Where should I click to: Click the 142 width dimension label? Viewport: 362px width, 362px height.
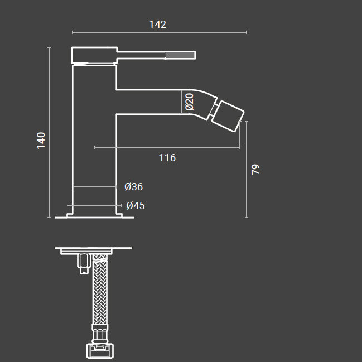coord(158,24)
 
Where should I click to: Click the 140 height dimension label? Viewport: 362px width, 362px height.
coord(41,139)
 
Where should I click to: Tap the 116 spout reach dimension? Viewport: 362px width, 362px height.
coord(167,158)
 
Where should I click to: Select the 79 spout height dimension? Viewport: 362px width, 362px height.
coord(256,170)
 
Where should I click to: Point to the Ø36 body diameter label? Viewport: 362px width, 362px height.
coord(134,187)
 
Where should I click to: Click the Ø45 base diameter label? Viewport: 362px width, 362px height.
coord(136,206)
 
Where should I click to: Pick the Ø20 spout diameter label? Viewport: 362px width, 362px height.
coord(189,102)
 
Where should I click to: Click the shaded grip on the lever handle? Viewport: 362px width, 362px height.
coord(180,55)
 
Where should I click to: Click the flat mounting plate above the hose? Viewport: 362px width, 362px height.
coord(93,248)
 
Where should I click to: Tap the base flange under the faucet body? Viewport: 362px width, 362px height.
coord(94,215)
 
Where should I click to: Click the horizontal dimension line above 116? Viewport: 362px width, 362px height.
coord(167,147)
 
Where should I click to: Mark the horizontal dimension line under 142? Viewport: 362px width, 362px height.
coord(159,32)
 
